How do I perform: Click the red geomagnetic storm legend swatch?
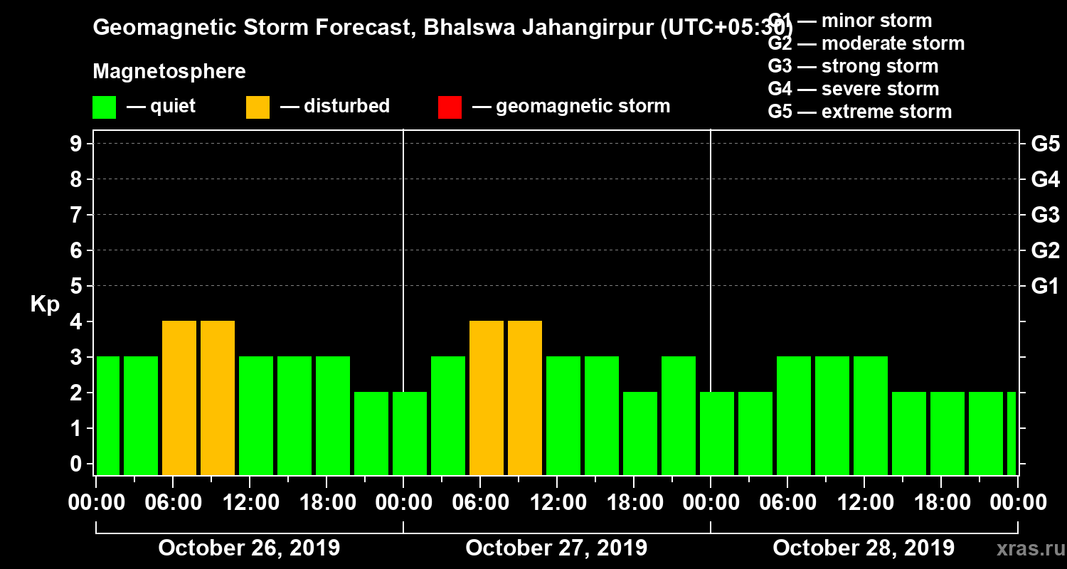click(450, 107)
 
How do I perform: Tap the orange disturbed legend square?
click(258, 107)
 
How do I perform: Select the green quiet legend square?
click(104, 107)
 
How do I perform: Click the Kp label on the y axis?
click(45, 304)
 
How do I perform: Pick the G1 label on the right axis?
click(1045, 287)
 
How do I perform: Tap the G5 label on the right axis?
click(1045, 144)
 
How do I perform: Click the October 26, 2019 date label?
click(249, 548)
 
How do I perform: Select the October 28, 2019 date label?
click(864, 548)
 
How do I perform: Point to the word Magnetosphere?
click(169, 72)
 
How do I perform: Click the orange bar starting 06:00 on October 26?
click(179, 398)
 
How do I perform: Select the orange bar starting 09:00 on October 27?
click(525, 398)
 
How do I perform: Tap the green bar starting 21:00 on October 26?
click(371, 433)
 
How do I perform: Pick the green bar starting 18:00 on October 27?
click(640, 433)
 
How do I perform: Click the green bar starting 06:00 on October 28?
click(794, 415)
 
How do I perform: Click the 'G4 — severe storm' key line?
click(854, 89)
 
